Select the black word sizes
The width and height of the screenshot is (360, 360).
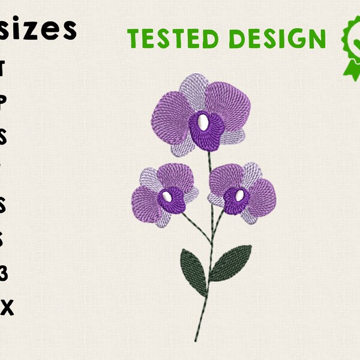point(40,28)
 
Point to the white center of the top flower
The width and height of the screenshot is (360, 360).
point(203,123)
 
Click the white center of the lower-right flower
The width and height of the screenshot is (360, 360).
point(239,196)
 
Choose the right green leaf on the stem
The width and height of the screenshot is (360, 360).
point(231,263)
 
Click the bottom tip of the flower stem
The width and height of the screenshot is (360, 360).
point(195,340)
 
